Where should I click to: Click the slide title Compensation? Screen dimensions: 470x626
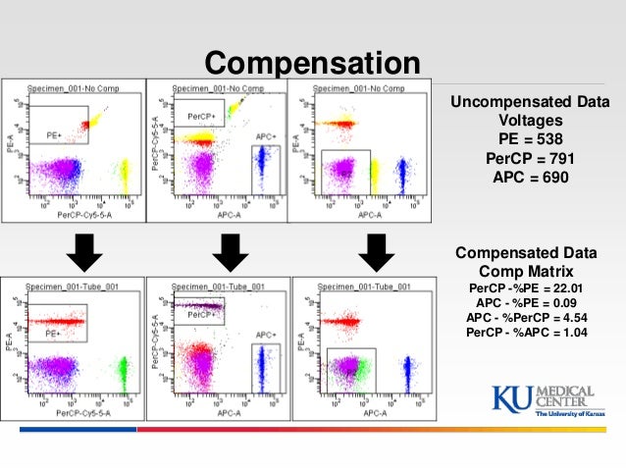[x=312, y=63]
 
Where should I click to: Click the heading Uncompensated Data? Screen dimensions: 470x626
[x=529, y=102]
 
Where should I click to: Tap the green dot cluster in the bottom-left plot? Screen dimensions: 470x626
[x=124, y=371]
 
